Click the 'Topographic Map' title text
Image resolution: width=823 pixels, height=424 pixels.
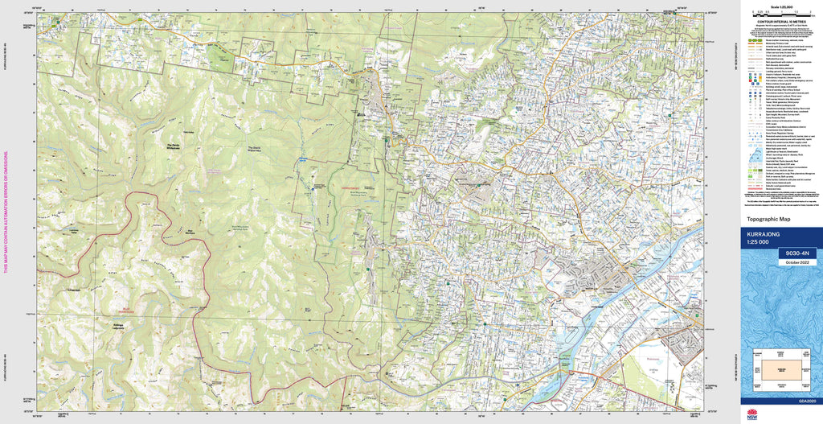[770, 219]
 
